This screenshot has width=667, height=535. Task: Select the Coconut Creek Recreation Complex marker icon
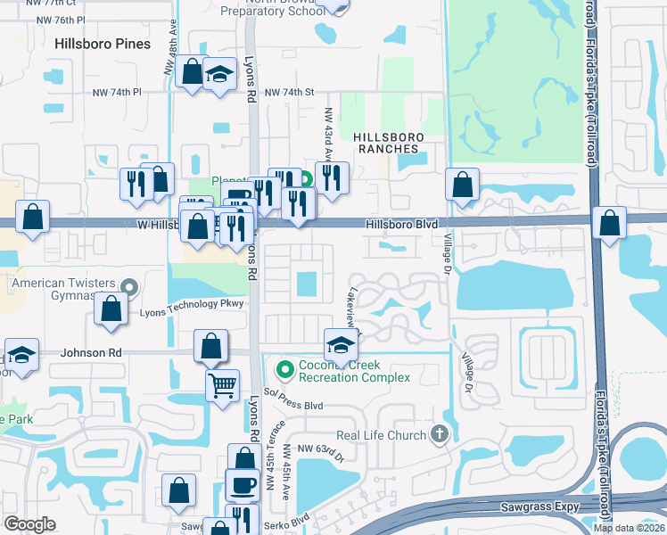tap(286, 367)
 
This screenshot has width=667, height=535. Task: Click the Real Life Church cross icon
tap(438, 434)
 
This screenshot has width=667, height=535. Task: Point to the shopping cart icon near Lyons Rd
tap(222, 386)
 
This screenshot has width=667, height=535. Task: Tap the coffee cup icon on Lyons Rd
tap(243, 485)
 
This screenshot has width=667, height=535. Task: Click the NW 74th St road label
tap(291, 92)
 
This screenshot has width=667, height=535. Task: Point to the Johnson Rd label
tap(91, 353)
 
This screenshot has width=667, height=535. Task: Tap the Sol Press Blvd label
tap(292, 399)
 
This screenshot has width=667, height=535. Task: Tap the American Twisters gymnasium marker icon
tap(130, 286)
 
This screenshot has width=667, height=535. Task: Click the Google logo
tap(29, 524)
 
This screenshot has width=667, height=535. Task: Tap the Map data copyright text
tap(629, 528)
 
